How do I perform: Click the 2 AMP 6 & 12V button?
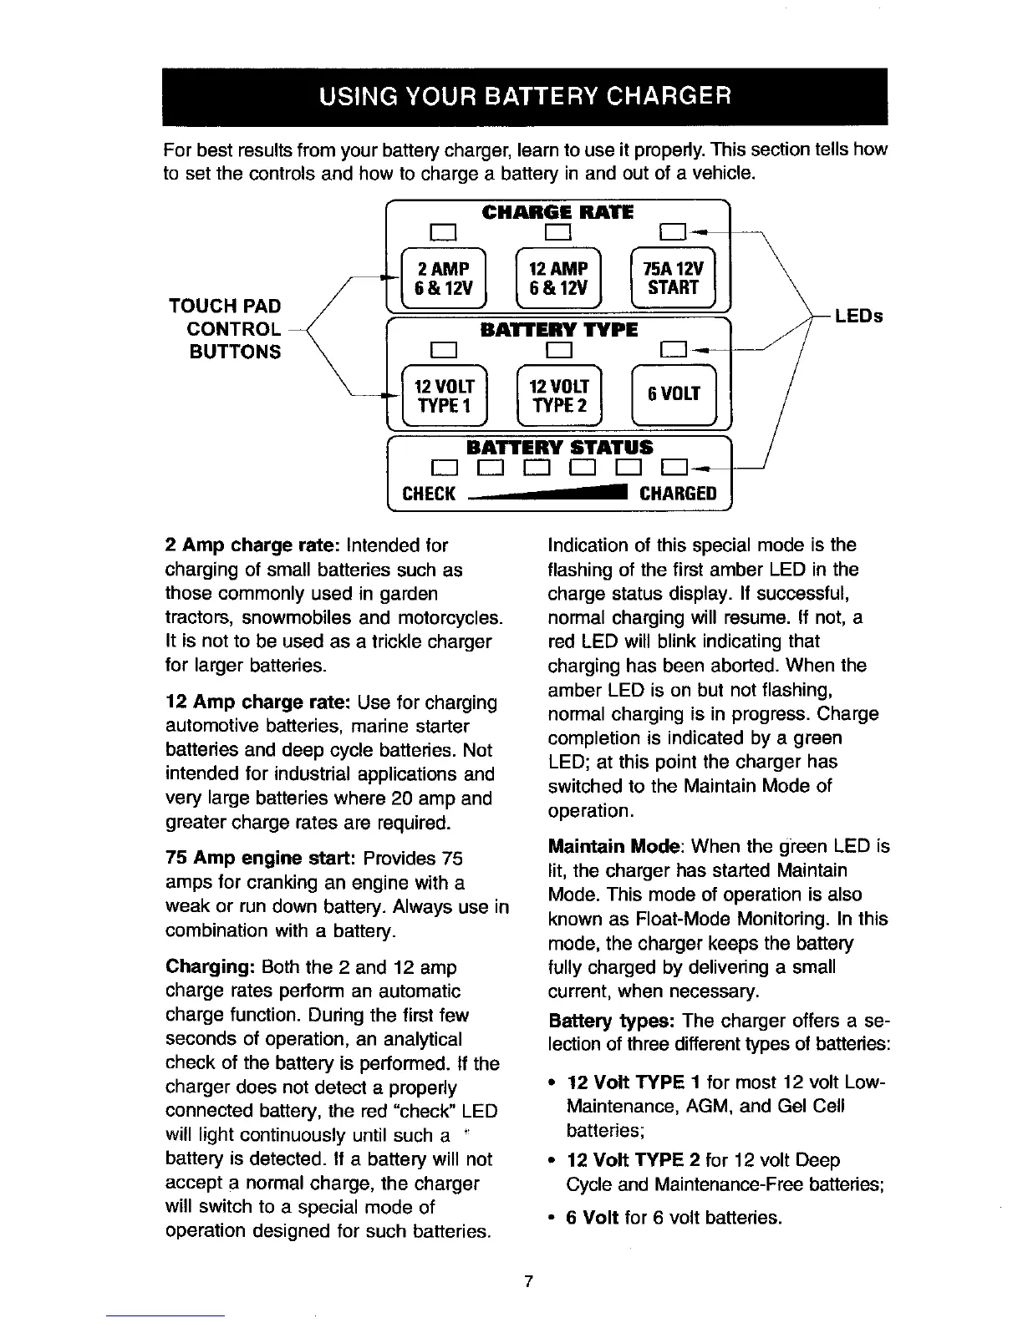coord(444,277)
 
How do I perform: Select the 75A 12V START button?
coord(674,277)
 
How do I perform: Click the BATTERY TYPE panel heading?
coord(559,329)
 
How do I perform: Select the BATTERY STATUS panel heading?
coord(559,447)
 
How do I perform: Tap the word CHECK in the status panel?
coord(429,493)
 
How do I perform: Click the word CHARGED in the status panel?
coord(678,493)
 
